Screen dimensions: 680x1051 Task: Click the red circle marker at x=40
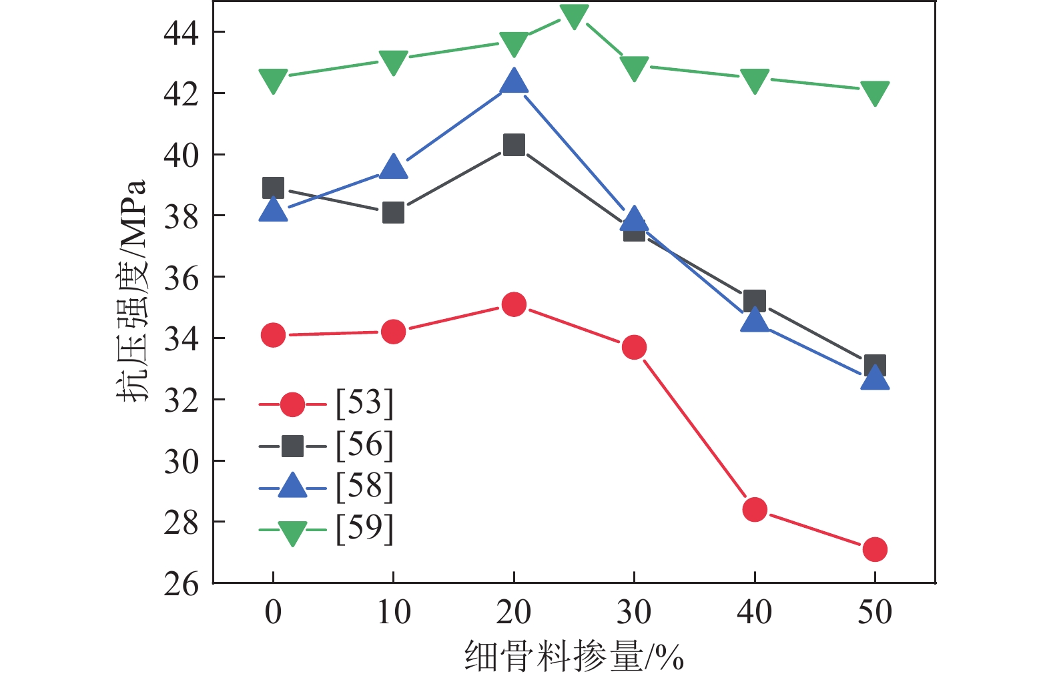[754, 510]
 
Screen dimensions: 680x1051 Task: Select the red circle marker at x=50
[874, 549]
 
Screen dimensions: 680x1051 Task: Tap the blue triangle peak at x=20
[513, 82]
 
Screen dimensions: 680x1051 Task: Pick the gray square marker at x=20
[513, 145]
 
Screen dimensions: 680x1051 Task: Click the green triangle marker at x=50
[874, 92]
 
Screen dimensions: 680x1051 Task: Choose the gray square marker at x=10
[393, 214]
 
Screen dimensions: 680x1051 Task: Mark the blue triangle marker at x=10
[393, 167]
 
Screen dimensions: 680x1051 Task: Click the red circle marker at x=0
[273, 334]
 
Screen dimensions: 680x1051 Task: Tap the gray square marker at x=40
[754, 301]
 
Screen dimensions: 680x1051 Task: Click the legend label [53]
[364, 403]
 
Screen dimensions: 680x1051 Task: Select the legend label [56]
[364, 445]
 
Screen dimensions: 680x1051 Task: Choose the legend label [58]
[364, 487]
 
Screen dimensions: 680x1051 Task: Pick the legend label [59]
[364, 529]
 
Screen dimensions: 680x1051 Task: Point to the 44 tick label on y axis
[182, 33]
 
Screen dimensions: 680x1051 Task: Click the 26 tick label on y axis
[182, 584]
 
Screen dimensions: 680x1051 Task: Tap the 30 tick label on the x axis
[633, 612]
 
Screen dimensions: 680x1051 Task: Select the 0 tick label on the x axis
[273, 612]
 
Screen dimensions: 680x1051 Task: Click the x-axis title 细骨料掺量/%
[574, 657]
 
